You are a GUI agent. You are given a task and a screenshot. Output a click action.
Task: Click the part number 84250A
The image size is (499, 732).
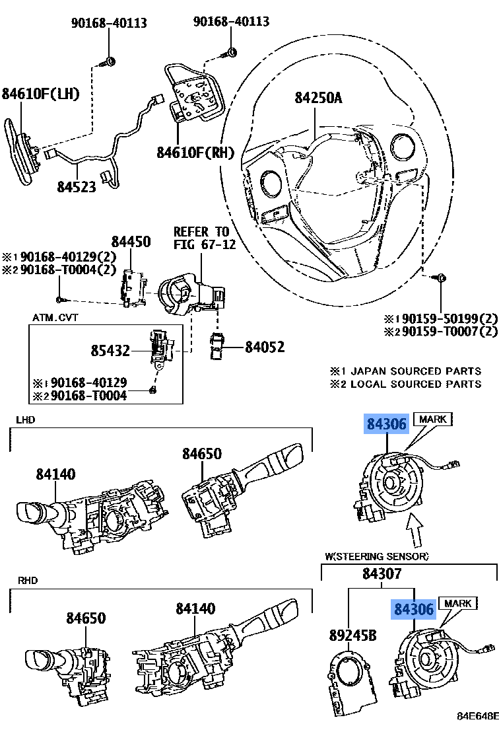pyautogui.click(x=318, y=98)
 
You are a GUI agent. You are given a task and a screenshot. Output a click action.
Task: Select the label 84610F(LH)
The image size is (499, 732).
pyautogui.click(x=40, y=94)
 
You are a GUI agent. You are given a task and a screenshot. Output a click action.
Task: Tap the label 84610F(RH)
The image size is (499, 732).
pyautogui.click(x=195, y=153)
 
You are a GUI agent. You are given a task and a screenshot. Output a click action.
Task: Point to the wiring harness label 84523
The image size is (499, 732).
pyautogui.click(x=76, y=187)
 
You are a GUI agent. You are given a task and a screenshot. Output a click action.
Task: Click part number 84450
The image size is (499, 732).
pyautogui.click(x=131, y=242)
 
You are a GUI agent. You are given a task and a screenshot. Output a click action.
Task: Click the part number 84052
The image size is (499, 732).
pyautogui.click(x=265, y=346)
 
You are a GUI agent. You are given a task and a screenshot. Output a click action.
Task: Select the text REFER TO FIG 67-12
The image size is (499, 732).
pyautogui.click(x=201, y=238)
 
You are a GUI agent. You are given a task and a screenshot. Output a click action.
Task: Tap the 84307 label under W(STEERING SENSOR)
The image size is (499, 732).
pyautogui.click(x=382, y=574)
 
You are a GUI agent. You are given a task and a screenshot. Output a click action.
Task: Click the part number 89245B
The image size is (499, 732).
pyautogui.click(x=352, y=636)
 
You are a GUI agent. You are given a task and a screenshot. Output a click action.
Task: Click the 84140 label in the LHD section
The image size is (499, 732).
pyautogui.click(x=55, y=474)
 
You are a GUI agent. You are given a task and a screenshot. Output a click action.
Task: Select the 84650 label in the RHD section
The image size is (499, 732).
pyautogui.click(x=86, y=618)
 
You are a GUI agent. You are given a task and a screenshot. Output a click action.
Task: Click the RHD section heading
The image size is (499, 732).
pyautogui.click(x=27, y=580)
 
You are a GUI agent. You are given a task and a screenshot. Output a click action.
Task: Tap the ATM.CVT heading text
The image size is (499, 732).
pyautogui.click(x=55, y=318)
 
